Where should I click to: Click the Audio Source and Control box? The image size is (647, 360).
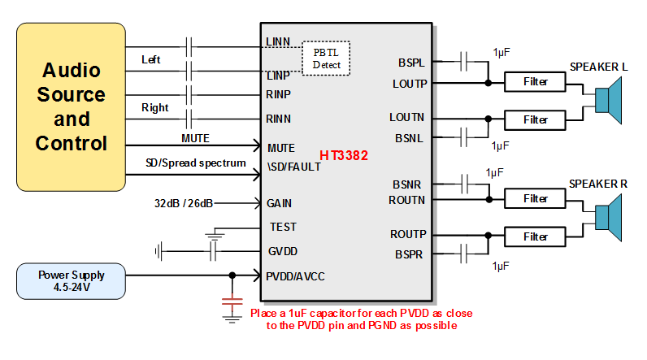pos(72,106)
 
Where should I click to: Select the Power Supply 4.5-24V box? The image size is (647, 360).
pos(72,280)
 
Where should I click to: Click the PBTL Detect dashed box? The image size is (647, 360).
pos(327,58)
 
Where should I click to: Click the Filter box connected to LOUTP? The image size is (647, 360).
pos(536,82)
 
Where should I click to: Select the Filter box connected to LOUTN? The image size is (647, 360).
pos(536,119)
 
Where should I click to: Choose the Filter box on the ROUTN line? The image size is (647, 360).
pos(536,199)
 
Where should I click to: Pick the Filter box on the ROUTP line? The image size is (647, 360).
pos(536,236)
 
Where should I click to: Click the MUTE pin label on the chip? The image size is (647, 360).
pos(280,148)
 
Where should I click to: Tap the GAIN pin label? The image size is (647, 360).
pos(280,203)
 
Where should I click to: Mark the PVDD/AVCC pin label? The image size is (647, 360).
pos(295,276)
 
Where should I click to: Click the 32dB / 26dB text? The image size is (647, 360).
pos(184,203)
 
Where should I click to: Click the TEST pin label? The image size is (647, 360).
pos(284,227)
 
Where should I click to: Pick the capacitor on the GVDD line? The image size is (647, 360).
pos(213,251)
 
